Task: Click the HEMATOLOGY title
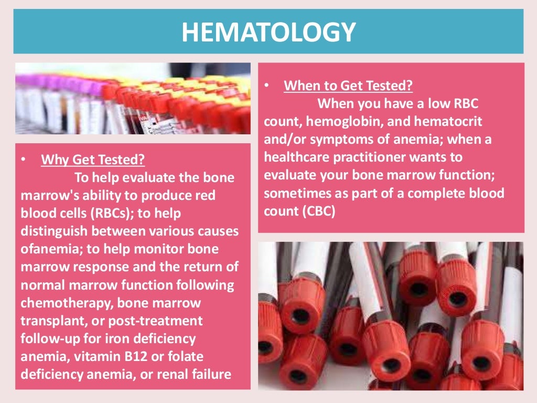[268, 32]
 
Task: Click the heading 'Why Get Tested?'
[93, 160]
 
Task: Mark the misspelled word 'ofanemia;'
[52, 249]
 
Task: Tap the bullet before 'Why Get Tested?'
[24, 159]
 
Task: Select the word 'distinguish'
[56, 231]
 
